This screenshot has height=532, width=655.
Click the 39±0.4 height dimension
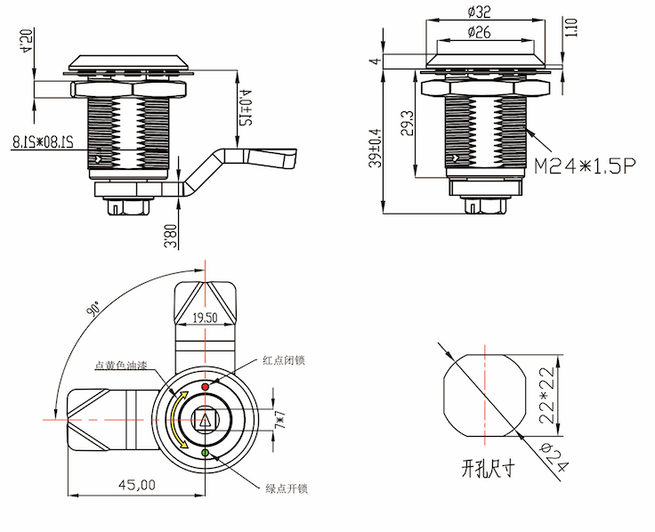pos(375,146)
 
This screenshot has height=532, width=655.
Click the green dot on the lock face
pos(206,454)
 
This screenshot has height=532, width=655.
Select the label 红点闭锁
pos(284,360)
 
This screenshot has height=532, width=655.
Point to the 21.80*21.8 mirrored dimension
pos(55,140)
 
